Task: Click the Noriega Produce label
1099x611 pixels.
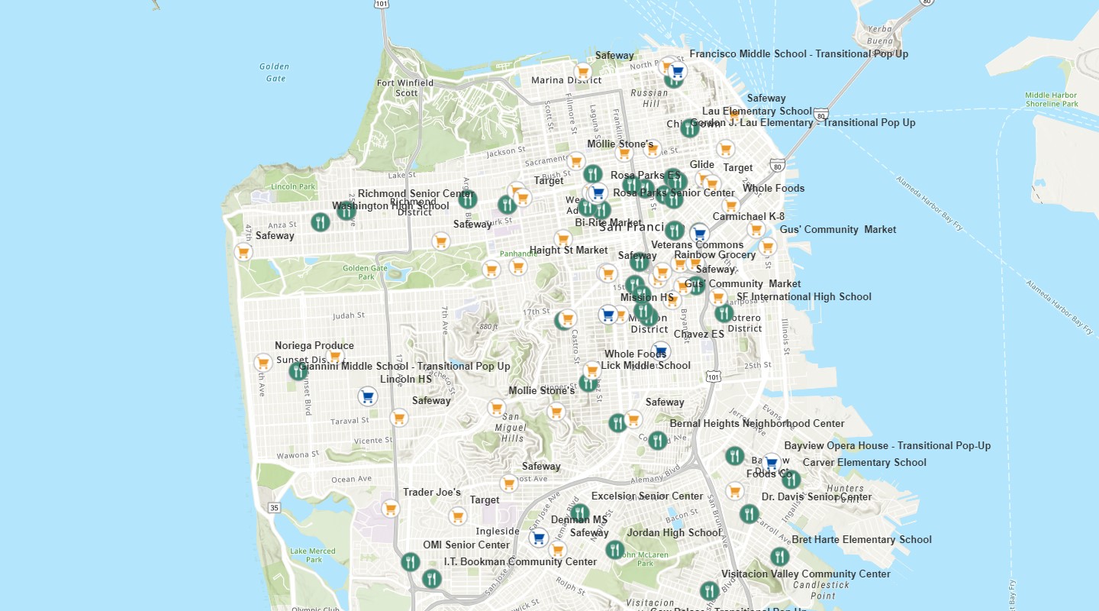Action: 314,346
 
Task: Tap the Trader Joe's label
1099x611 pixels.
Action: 431,493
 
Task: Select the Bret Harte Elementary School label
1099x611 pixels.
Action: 862,540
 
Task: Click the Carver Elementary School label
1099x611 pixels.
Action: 864,463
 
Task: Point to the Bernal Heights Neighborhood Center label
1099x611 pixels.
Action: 756,424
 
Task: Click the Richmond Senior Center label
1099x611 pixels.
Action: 415,194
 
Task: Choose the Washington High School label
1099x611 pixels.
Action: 390,206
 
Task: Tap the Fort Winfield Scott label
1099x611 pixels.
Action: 405,88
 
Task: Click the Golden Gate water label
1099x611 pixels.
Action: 273,73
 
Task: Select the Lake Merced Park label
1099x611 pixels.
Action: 312,555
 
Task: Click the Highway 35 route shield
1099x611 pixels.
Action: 275,508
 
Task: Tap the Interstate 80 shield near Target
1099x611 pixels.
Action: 778,164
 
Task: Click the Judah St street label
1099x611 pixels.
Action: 349,315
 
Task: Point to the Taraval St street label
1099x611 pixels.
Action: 350,421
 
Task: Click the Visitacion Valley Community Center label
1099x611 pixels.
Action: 806,574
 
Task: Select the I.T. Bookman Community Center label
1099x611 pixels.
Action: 520,562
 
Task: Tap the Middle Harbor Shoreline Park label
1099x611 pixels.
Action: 1052,99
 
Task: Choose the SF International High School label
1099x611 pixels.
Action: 803,297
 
